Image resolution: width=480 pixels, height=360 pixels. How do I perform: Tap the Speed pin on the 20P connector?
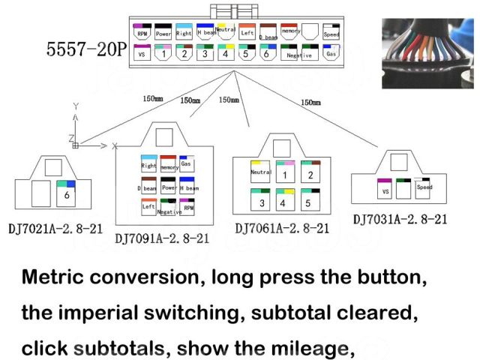[331, 32]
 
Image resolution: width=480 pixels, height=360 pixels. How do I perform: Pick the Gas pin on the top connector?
[331, 52]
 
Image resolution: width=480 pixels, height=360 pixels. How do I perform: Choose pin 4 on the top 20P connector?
[225, 52]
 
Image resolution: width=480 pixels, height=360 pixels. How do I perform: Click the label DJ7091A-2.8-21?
[162, 238]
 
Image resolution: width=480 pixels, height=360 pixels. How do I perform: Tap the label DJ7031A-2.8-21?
[400, 219]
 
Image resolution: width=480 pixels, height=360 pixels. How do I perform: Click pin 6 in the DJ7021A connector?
[67, 193]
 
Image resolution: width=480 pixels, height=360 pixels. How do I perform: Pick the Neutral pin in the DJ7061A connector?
[260, 173]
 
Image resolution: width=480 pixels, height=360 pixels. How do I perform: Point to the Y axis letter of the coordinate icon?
[76, 106]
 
